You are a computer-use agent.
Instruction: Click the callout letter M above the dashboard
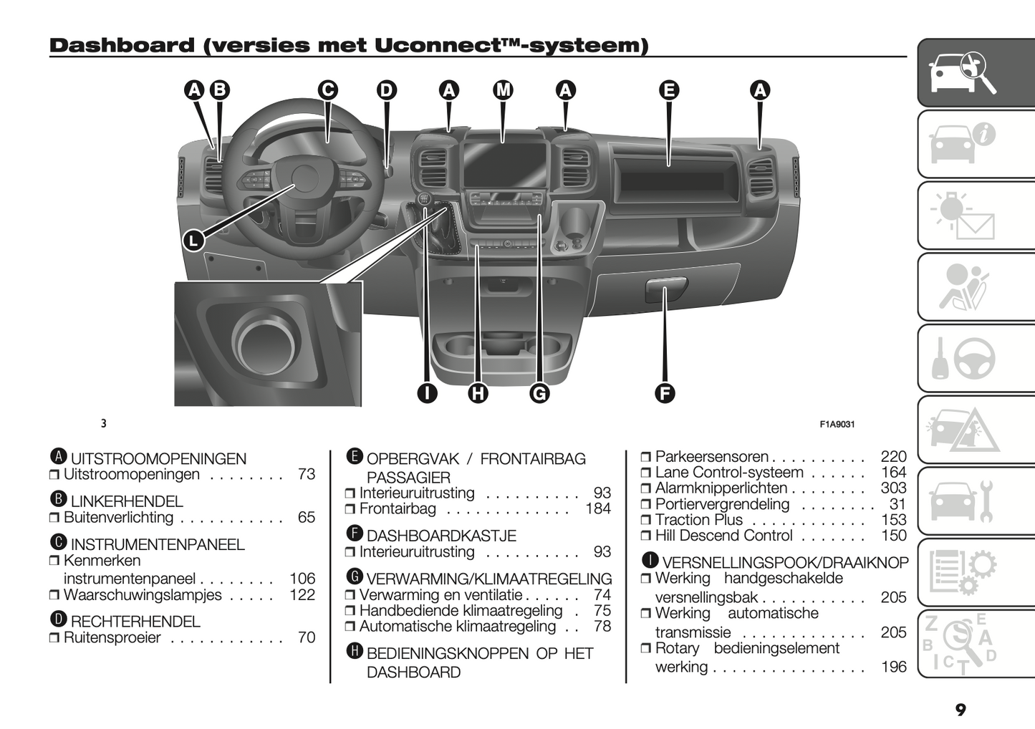[504, 90]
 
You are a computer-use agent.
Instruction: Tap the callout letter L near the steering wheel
[193, 241]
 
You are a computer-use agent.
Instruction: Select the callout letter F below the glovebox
[665, 392]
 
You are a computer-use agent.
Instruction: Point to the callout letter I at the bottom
[427, 392]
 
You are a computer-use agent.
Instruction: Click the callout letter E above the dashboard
[668, 90]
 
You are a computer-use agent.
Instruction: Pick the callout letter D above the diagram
[386, 90]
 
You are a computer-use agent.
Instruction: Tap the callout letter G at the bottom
[539, 392]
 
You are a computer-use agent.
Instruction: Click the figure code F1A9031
[837, 424]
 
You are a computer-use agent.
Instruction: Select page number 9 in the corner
[961, 710]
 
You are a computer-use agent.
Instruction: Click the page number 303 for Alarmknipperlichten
[893, 488]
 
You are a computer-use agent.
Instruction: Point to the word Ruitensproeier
[112, 637]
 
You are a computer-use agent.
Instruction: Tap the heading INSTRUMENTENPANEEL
[158, 544]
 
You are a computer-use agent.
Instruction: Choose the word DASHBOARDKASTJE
[441, 536]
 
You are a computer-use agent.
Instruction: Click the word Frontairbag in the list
[398, 509]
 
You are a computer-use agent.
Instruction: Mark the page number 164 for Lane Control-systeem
[893, 473]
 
